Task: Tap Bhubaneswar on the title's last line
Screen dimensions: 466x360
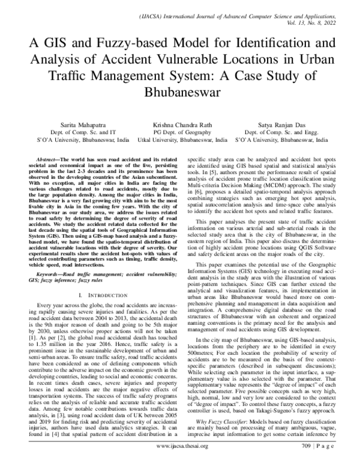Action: coord(179,94)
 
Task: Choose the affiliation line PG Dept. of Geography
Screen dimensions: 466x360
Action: coord(179,130)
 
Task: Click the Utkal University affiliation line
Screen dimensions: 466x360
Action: coord(179,138)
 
